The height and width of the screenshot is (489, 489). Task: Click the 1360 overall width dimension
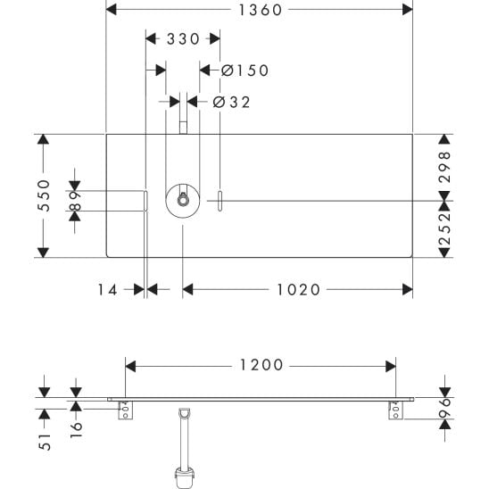point(261,10)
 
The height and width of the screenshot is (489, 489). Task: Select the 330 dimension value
point(183,39)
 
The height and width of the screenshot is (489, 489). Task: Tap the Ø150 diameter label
point(244,70)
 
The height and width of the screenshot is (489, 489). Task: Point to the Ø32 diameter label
point(231,102)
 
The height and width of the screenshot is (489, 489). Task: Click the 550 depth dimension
point(44,195)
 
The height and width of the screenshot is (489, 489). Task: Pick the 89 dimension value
point(75,201)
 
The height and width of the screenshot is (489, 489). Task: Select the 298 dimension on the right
point(444,167)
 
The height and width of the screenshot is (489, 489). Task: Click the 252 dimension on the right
point(444,228)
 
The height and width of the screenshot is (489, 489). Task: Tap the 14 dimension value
point(108,290)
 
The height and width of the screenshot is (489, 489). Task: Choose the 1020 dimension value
point(298,290)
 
